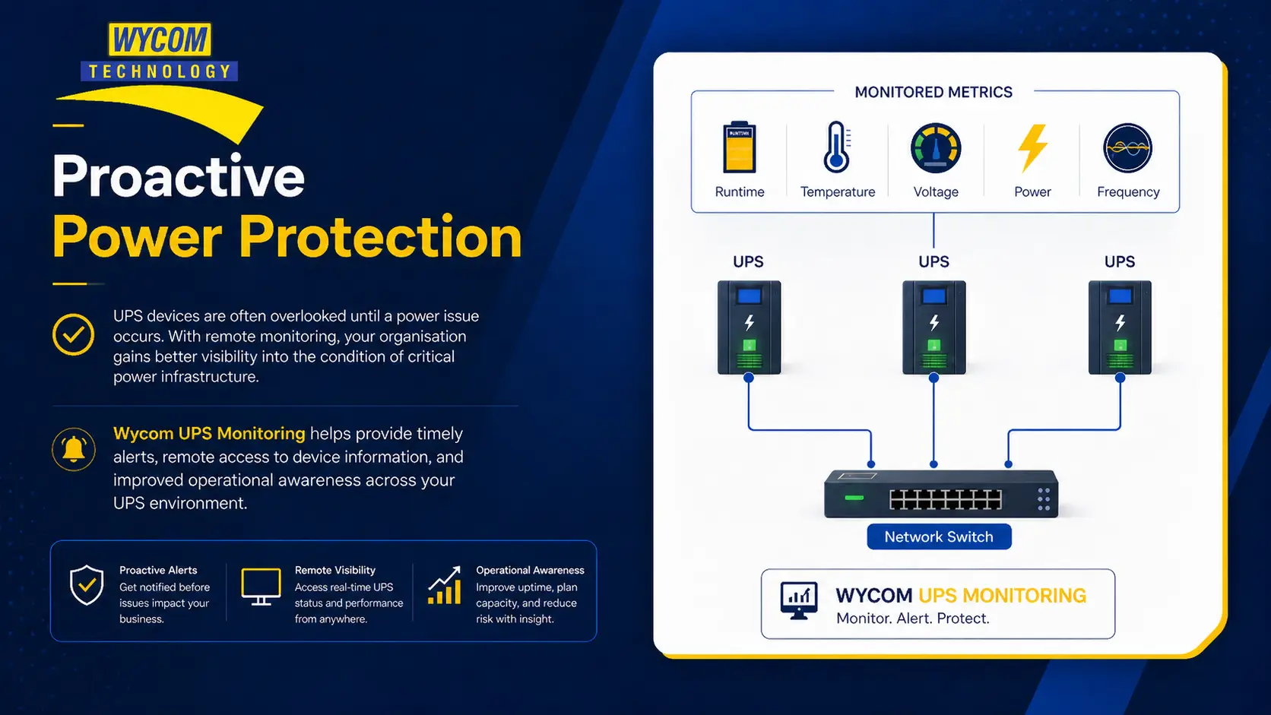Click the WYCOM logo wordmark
click(x=160, y=40)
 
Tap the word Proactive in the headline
click(x=179, y=177)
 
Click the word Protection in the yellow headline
click(x=380, y=237)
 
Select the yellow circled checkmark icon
click(x=73, y=334)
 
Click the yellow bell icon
click(x=74, y=450)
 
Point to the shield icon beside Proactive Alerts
click(x=86, y=585)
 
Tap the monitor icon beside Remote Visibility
click(x=261, y=587)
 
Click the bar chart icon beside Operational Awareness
click(x=444, y=585)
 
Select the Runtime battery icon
click(x=740, y=147)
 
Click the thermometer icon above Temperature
click(x=837, y=147)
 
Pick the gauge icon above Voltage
click(x=936, y=148)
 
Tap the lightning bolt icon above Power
click(x=1032, y=148)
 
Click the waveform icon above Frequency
click(x=1127, y=148)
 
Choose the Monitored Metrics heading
click(x=933, y=93)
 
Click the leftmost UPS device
click(x=749, y=327)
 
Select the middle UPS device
click(x=934, y=327)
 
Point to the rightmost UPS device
click(x=1120, y=327)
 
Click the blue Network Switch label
click(x=939, y=537)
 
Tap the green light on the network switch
click(x=854, y=498)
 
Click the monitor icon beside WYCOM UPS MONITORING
click(x=799, y=601)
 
